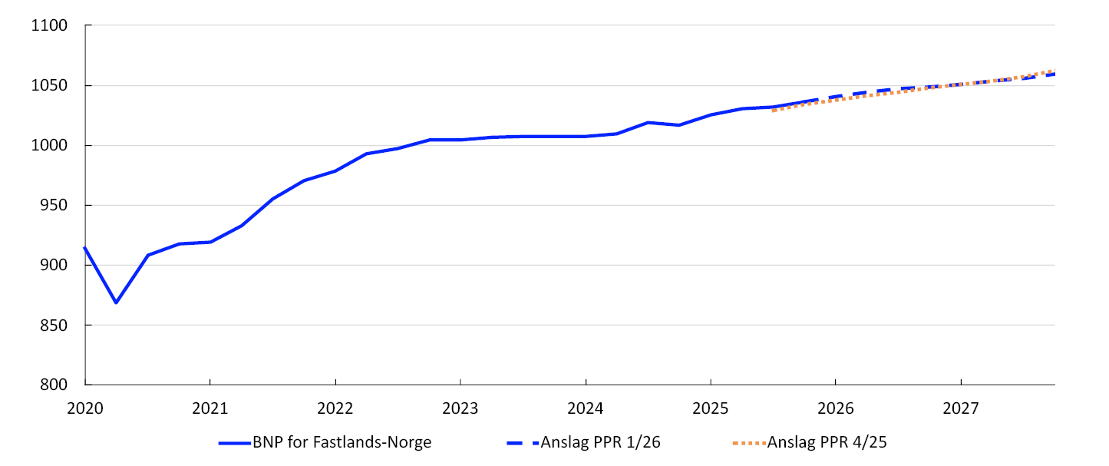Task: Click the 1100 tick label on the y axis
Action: tap(50, 26)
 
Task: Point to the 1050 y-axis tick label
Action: tap(50, 86)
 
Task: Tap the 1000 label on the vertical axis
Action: tap(50, 146)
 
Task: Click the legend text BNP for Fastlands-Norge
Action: tap(342, 442)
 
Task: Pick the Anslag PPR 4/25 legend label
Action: tap(827, 442)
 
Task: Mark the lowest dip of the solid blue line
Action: tap(116, 302)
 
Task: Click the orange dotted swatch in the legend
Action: tap(748, 443)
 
